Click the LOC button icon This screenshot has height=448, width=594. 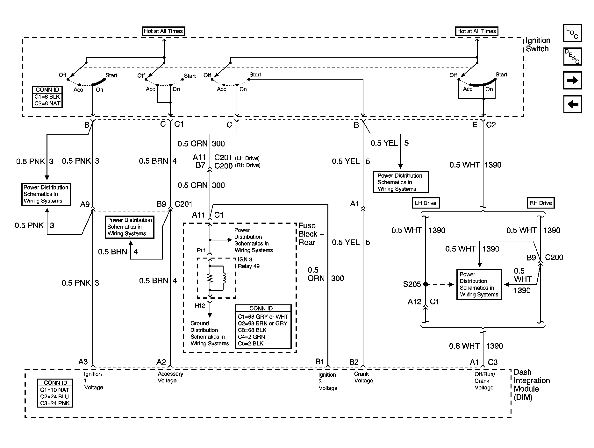click(x=572, y=33)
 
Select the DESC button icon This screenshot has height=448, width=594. click(x=572, y=57)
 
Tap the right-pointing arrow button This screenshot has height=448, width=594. click(x=572, y=80)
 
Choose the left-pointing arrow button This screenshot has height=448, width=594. click(x=572, y=104)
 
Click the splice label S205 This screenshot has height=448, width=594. click(x=412, y=284)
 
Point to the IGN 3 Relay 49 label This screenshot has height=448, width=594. click(x=248, y=263)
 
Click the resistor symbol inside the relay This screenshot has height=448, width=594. click(x=210, y=278)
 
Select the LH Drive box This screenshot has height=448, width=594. click(x=425, y=203)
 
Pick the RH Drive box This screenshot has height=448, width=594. click(x=540, y=203)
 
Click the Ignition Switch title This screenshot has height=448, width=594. click(x=538, y=45)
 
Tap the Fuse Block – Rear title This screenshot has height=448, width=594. click(x=311, y=234)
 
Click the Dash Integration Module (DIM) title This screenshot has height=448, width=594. click(x=531, y=385)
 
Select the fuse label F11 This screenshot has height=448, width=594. click(x=201, y=251)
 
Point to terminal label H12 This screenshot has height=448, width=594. click(x=200, y=306)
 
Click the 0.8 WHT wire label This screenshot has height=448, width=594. click(x=464, y=346)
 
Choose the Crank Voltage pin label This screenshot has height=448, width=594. click(x=363, y=377)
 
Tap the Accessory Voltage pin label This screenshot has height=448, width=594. click(x=170, y=377)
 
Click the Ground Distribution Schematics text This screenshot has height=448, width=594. click(x=209, y=333)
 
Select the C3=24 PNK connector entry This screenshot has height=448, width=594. click(x=54, y=403)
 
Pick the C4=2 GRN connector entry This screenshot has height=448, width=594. click(x=251, y=337)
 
